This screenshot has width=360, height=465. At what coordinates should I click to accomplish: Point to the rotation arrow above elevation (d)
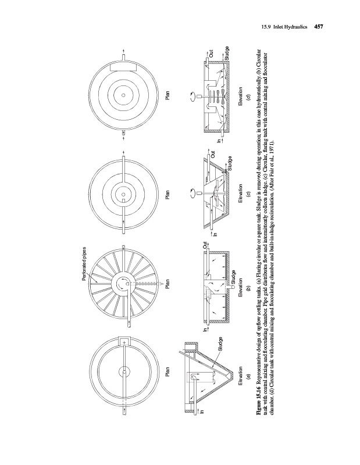[191, 94]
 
